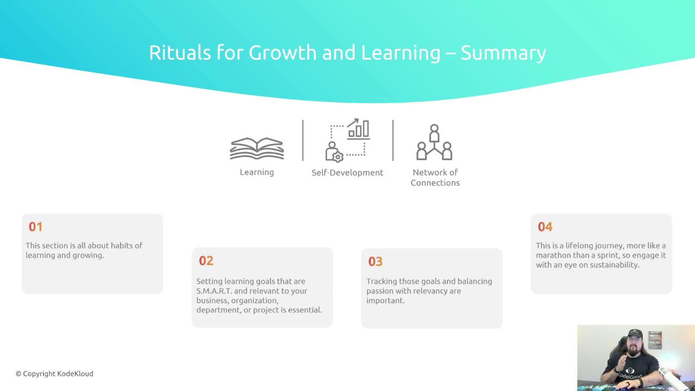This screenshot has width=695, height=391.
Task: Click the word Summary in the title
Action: tap(503, 53)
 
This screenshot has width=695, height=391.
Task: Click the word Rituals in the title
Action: tap(180, 52)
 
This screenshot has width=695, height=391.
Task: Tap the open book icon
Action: tap(257, 148)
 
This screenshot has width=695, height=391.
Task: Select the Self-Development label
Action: tap(347, 173)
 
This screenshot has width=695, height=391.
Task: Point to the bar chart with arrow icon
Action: tap(358, 129)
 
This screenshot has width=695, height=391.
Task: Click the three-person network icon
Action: tap(434, 142)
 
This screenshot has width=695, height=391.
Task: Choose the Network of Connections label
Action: tap(435, 178)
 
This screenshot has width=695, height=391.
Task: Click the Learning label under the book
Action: tap(257, 172)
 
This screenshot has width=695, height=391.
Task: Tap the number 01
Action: tap(36, 227)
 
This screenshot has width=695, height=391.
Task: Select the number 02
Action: tap(206, 261)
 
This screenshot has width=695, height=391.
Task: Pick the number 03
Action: tap(375, 262)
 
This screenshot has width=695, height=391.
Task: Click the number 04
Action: tap(545, 227)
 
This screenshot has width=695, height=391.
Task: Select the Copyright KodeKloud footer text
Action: tap(54, 374)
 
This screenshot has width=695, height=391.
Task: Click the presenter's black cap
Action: tap(635, 334)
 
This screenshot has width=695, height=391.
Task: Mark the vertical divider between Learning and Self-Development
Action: tap(303, 140)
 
